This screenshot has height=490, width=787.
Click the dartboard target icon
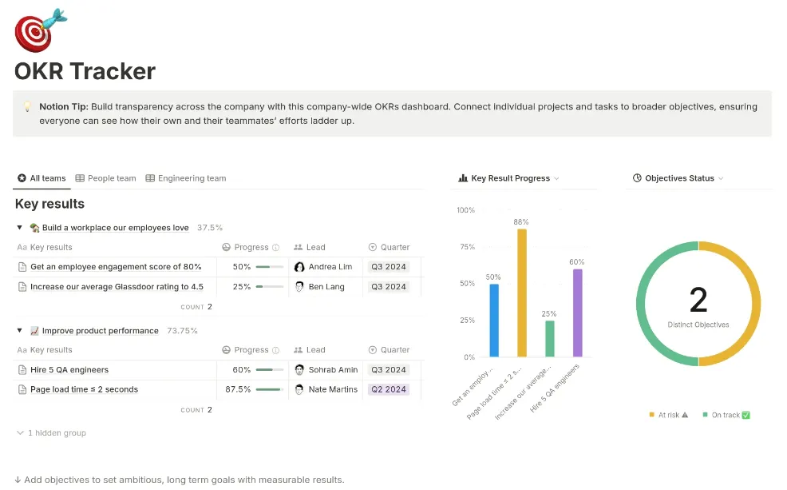[40, 30]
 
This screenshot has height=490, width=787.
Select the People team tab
[105, 178]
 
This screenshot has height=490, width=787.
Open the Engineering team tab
[186, 178]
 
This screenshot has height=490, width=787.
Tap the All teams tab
[42, 178]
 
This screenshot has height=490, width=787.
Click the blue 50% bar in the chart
[494, 321]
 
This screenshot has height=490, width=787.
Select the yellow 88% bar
[522, 293]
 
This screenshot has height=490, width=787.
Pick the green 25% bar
[550, 339]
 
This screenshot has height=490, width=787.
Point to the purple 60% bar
[578, 313]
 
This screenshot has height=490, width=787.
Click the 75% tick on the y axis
[467, 247]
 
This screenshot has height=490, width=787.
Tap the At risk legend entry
[669, 415]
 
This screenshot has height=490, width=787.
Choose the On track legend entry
[726, 415]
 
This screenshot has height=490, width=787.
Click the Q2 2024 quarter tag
[389, 389]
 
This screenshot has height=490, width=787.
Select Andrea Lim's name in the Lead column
[330, 267]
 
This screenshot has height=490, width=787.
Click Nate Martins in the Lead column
[334, 389]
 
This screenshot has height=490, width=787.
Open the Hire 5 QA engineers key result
[69, 370]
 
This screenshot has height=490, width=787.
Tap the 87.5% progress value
[238, 389]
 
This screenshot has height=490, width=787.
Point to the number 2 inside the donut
[698, 300]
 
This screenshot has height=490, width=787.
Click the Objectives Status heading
[679, 178]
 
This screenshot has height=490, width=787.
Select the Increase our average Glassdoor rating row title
[117, 287]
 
